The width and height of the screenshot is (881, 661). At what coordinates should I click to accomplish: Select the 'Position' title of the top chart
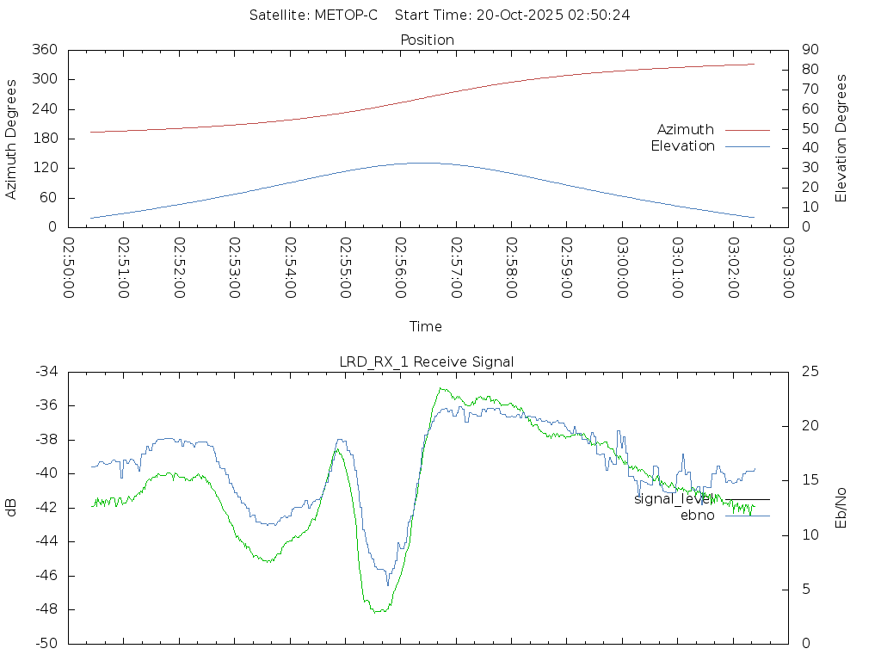[427, 40]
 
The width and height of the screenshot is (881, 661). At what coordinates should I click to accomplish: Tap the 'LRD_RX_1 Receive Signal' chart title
[427, 361]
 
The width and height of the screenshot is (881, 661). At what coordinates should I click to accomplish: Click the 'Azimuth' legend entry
[686, 129]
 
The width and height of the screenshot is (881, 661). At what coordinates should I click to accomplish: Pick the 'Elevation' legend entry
[682, 146]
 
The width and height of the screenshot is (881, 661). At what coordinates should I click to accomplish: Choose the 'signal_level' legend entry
[671, 498]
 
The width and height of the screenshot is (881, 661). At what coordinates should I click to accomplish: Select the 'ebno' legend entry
[697, 516]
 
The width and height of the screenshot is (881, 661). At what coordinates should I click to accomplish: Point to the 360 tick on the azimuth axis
[45, 50]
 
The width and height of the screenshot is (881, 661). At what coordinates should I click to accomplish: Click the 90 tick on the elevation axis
[808, 50]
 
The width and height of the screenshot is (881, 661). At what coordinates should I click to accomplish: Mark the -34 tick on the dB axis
[45, 372]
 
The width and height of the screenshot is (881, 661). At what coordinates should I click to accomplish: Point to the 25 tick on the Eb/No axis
[810, 372]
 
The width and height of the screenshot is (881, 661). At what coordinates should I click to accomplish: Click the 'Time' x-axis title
[426, 326]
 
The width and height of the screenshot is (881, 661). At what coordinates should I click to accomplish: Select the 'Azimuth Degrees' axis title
[12, 139]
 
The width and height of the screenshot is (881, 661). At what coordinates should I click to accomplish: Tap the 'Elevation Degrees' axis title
[841, 138]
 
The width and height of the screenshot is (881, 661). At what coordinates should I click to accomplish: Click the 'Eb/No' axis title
[841, 508]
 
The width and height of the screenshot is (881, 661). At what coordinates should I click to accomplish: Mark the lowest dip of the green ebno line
[379, 611]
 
